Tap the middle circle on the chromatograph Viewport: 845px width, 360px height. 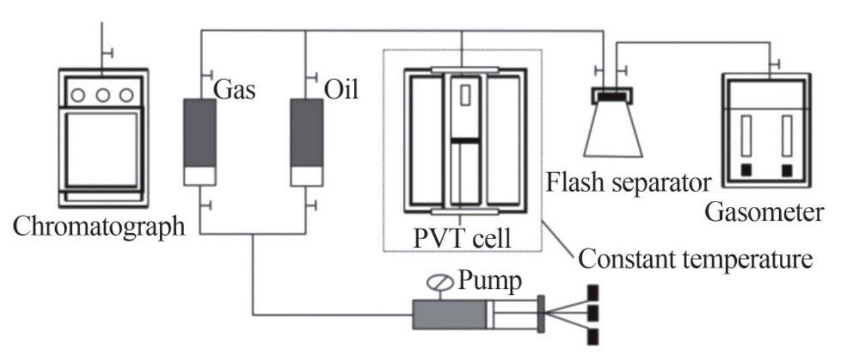click(x=102, y=95)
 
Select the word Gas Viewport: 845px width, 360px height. click(x=235, y=90)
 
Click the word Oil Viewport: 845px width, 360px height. click(x=342, y=90)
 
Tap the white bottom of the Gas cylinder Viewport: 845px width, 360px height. click(x=199, y=175)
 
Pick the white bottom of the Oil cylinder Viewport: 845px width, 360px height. click(x=306, y=175)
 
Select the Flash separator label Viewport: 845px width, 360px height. click(x=629, y=181)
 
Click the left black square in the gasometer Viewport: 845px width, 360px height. click(x=746, y=171)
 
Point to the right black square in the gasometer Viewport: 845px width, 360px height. click(x=787, y=171)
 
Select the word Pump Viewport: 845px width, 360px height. click(x=490, y=281)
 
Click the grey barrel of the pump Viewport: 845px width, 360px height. click(x=449, y=314)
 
